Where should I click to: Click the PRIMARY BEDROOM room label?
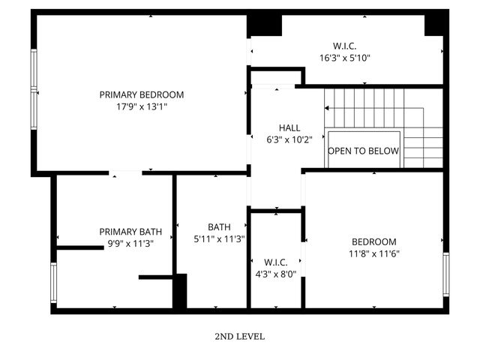tap(142, 94)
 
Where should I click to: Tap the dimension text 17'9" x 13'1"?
tap(142, 107)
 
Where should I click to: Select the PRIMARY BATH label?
tap(130, 232)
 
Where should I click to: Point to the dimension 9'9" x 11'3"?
tap(130, 244)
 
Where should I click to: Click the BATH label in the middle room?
tap(219, 226)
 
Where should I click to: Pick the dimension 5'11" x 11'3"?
tap(219, 239)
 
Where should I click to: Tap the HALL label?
tap(289, 127)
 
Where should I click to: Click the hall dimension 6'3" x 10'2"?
tap(289, 139)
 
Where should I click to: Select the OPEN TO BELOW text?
tap(364, 151)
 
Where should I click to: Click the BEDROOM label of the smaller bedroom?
tap(373, 241)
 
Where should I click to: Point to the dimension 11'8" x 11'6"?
tap(373, 253)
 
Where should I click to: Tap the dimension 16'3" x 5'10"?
tap(345, 58)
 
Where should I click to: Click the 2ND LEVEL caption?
tap(239, 337)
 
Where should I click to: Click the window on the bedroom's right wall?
tap(445, 275)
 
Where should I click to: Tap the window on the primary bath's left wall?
tap(53, 283)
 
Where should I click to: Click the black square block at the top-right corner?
tap(436, 24)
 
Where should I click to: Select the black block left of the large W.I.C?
tap(264, 25)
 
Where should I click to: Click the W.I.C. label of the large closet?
tap(345, 45)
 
